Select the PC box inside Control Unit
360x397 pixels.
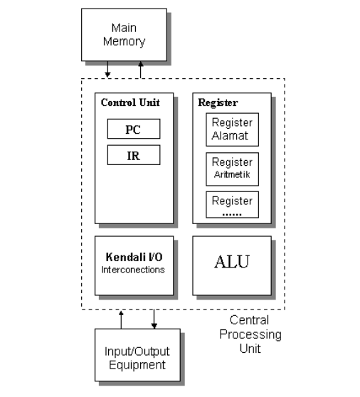(133, 129)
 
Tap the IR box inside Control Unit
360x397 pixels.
(133, 155)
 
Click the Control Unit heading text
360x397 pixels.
(130, 102)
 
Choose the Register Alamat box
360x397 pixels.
(232, 129)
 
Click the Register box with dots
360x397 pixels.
(232, 205)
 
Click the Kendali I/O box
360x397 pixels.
(134, 265)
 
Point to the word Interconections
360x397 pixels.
(134, 270)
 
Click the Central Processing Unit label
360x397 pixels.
(249, 334)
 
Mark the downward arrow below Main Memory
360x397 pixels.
(107, 70)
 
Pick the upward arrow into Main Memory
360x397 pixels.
(140, 70)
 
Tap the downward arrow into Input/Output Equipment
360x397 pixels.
(154, 319)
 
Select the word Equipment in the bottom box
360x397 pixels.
(137, 366)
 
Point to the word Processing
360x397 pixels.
(250, 334)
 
